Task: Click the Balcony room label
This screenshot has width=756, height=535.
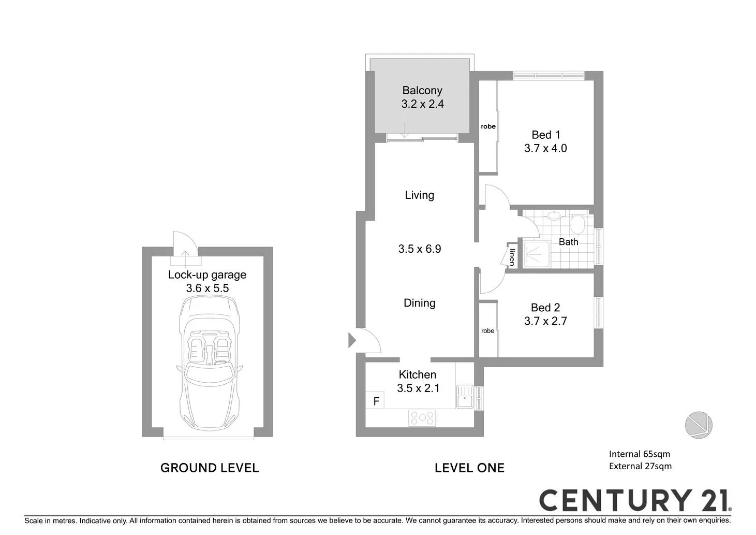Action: click(422, 91)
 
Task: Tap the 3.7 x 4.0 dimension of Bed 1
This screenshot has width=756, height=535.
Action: click(545, 149)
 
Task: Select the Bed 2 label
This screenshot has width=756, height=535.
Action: click(545, 308)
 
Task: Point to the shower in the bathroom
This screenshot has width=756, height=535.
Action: click(536, 254)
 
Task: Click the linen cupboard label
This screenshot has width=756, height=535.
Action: click(512, 257)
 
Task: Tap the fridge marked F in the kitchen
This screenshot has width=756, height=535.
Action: click(376, 401)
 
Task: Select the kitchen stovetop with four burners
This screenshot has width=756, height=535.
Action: click(422, 417)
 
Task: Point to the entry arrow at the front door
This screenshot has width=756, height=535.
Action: click(351, 341)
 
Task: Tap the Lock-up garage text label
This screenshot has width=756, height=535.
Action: click(207, 275)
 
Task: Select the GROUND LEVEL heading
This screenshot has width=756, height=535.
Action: click(210, 468)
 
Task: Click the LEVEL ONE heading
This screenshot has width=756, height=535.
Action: click(469, 468)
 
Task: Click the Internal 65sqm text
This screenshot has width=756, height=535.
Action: click(639, 454)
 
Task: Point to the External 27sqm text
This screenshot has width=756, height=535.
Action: click(640, 466)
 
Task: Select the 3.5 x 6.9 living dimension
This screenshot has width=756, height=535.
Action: click(420, 249)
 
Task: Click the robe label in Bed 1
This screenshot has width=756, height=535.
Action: click(488, 126)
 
